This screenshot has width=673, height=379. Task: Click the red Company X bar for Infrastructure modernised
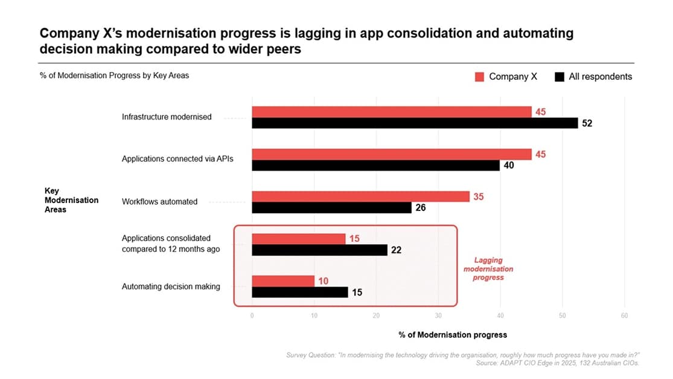[391, 112]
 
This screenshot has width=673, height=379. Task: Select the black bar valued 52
[415, 123]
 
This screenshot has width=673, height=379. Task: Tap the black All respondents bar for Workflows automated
[331, 207]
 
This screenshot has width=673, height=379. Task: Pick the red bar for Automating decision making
[283, 281]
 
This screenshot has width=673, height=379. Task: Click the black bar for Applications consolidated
[319, 250]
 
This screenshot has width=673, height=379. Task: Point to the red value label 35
[479, 196]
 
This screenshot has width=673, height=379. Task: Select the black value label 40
[508, 166]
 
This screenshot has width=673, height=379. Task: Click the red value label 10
[324, 281]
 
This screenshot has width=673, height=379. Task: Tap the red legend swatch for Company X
[480, 77]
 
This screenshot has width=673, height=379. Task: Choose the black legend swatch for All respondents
[560, 77]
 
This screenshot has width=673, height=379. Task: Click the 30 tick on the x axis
[438, 316]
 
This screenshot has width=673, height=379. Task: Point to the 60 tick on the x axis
[624, 316]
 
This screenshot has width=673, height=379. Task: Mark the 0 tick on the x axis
[252, 316]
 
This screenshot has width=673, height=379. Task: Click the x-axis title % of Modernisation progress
[453, 334]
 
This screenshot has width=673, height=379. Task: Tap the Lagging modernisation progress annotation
[489, 268]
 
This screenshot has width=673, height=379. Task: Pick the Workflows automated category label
[159, 202]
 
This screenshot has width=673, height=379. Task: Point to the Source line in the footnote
[557, 363]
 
